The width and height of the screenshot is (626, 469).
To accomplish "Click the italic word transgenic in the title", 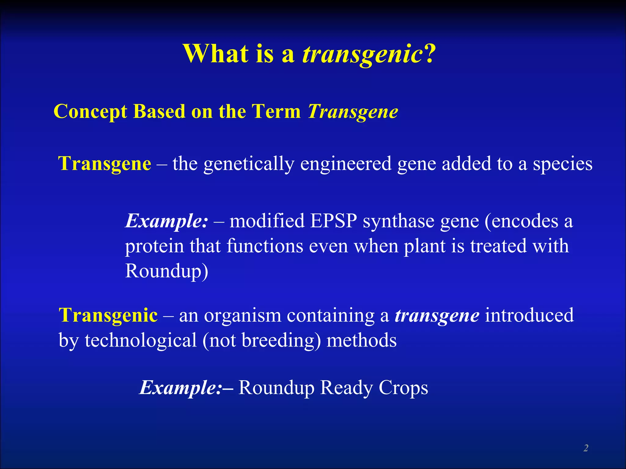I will [363, 54].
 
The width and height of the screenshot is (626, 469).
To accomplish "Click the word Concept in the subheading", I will [90, 112].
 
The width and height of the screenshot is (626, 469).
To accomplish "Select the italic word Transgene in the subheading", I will [353, 112].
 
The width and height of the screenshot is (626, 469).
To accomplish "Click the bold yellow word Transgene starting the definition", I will [105, 164].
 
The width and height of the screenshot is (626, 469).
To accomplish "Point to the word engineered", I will [346, 164].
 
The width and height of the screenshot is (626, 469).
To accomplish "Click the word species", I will [562, 164].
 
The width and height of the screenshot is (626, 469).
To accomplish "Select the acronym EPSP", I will [333, 221].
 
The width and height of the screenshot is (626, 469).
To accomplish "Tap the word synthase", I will [398, 221].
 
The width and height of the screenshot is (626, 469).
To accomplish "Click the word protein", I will [154, 246].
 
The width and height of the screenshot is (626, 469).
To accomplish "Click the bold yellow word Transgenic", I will [108, 315].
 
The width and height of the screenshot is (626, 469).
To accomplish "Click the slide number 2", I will [586, 448].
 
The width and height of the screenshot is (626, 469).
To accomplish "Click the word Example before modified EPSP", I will [166, 221].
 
